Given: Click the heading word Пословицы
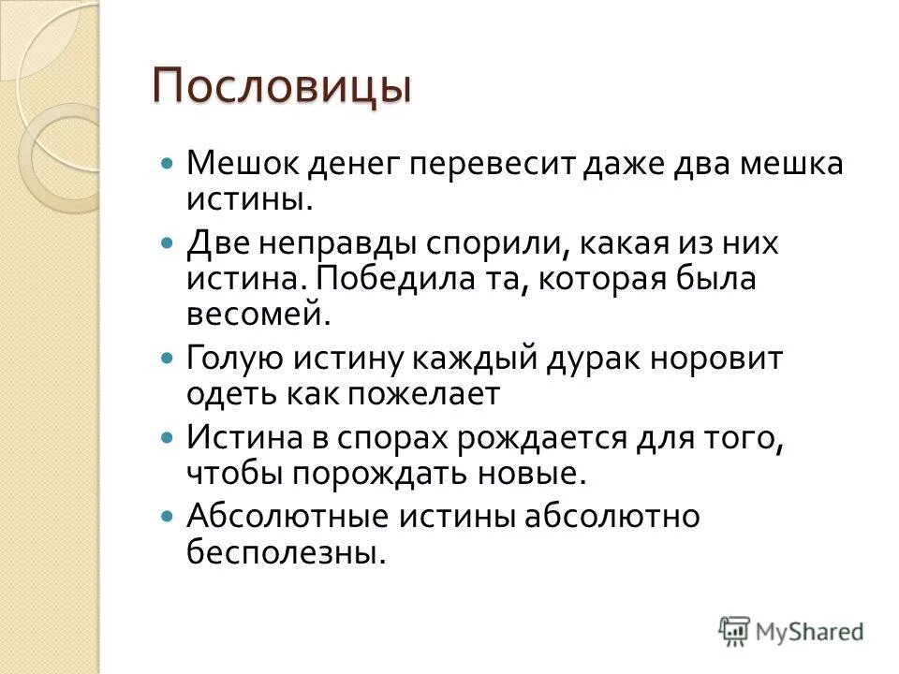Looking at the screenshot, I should pos(282,86).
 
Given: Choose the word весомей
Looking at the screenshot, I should pos(258,314).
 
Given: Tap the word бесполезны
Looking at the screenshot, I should pos(285,552).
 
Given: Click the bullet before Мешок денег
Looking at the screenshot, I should pos(168,163).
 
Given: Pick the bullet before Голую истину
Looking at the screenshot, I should pos(168,358).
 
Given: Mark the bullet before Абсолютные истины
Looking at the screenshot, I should pos(168,516).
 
